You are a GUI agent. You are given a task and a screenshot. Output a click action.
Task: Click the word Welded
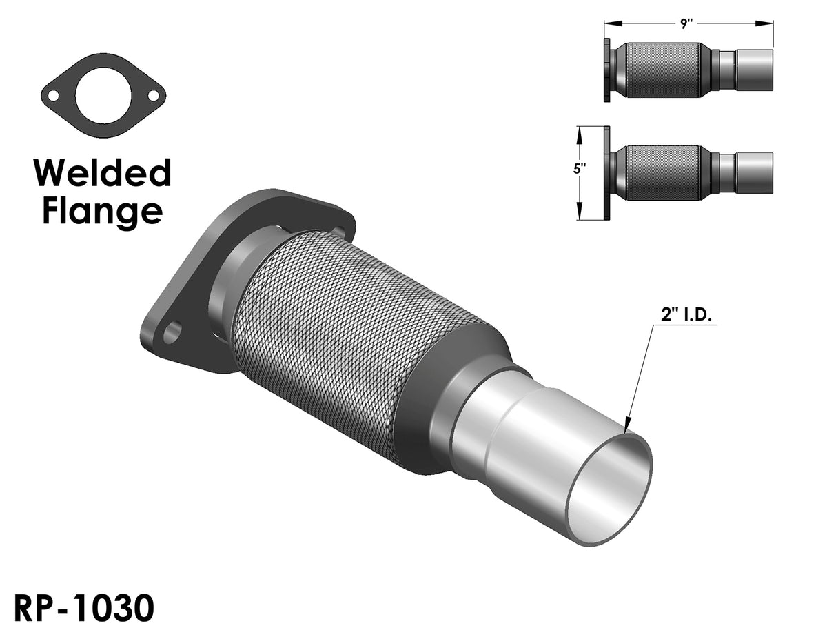point(102,172)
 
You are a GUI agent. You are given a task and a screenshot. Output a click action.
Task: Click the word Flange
point(103,212)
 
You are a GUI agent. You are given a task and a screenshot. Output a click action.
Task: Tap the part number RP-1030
point(84,608)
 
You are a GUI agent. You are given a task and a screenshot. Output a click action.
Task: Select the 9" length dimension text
point(686,23)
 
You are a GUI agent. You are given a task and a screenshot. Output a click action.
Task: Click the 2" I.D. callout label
point(686,316)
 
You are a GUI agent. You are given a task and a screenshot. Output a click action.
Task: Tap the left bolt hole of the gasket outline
point(53,96)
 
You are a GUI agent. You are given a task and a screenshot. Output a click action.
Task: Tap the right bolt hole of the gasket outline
point(154,96)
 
